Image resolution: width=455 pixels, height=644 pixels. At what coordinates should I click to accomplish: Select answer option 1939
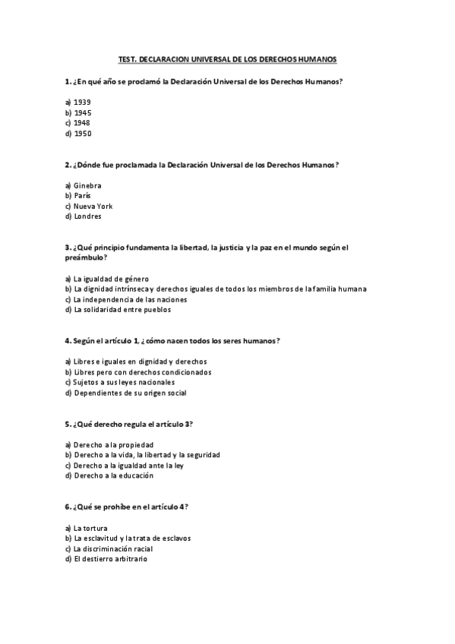click(82, 102)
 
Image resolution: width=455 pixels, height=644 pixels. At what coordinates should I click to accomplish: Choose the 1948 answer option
click(82, 123)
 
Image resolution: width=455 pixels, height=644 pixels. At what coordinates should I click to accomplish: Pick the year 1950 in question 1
click(82, 134)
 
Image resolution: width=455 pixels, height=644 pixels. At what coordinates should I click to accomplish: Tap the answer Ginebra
click(87, 185)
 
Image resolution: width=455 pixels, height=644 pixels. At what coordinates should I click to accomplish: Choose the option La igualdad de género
click(111, 279)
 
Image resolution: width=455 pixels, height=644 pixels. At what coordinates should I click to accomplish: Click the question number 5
click(68, 423)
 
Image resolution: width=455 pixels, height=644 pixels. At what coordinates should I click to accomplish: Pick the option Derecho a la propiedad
click(113, 444)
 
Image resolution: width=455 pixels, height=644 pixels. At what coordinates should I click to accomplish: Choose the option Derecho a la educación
click(113, 475)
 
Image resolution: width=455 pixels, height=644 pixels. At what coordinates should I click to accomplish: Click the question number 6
click(68, 507)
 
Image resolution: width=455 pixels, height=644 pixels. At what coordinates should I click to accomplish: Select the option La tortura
click(90, 528)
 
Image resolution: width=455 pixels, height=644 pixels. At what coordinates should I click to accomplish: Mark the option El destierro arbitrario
click(110, 559)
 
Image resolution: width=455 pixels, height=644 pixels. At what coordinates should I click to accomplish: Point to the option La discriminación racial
click(113, 548)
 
